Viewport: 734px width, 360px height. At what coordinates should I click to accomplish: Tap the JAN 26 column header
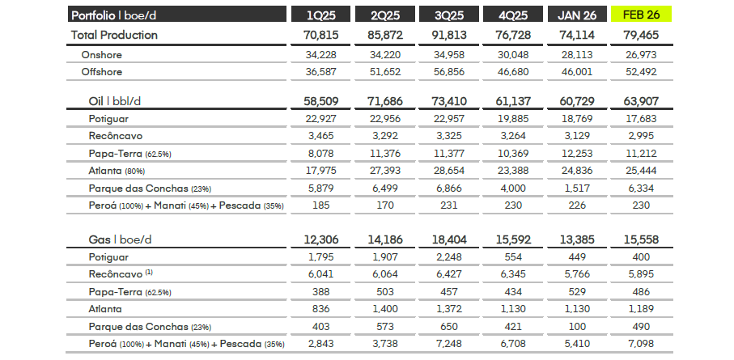[578, 15]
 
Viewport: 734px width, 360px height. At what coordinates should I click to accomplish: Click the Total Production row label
[114, 35]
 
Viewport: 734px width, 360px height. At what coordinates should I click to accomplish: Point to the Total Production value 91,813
[449, 35]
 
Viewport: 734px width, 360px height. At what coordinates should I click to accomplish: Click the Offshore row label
[101, 72]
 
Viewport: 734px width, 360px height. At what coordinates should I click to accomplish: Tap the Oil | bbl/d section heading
[121, 101]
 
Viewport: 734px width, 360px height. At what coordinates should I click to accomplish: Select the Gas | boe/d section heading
[121, 239]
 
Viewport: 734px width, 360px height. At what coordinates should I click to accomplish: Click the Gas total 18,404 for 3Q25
[449, 239]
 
